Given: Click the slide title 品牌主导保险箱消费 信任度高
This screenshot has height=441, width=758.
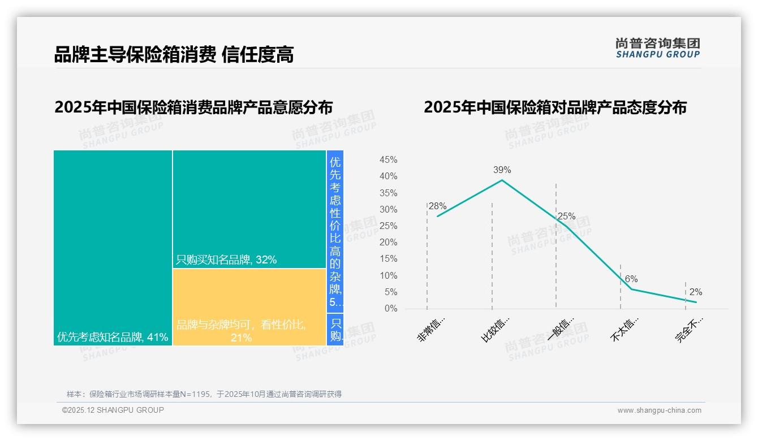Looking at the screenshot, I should (x=174, y=55).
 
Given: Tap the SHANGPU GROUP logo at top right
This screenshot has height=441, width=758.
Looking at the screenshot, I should (x=658, y=48).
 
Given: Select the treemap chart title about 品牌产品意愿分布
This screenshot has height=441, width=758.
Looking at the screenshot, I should (x=193, y=107).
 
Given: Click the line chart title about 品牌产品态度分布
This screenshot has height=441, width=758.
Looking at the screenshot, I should (x=555, y=107).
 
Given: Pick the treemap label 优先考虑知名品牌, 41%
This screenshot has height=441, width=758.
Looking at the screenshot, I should (x=113, y=338).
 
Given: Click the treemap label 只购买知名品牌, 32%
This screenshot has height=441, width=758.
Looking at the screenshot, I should (x=226, y=260).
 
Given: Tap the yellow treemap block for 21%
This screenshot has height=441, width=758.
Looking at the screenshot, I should (x=249, y=307).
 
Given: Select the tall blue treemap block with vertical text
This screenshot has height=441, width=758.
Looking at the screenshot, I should (x=335, y=231).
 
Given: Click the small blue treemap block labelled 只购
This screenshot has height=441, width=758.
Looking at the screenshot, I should (x=335, y=330).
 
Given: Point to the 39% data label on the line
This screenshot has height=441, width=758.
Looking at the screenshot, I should (x=502, y=170).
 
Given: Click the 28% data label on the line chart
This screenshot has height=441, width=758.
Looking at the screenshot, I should (x=438, y=206).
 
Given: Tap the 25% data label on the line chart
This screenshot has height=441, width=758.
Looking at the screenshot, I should (x=566, y=217).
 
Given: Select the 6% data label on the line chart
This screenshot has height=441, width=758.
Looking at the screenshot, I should (x=631, y=279).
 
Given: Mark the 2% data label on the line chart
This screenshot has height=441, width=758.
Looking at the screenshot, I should (x=696, y=292).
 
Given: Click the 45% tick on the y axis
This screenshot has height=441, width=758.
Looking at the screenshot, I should (x=388, y=160).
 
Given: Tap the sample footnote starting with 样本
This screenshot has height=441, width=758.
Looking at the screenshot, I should (x=204, y=394).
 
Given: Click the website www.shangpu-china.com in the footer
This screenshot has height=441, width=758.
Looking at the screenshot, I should (x=659, y=410).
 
